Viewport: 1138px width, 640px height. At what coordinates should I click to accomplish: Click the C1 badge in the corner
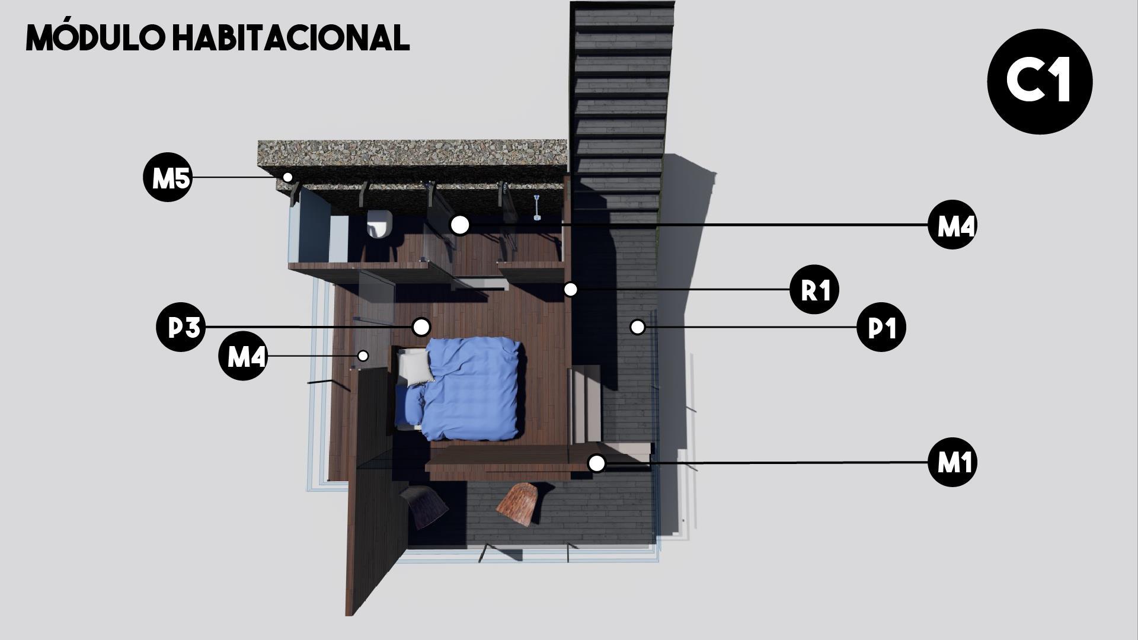coord(1040,81)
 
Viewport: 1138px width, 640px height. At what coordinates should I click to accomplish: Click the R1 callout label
coord(814,290)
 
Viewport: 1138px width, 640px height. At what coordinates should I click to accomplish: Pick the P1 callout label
coord(881,327)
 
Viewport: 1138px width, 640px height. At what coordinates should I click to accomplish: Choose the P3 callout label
coord(181,327)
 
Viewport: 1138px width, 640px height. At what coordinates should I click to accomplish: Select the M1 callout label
coord(952,462)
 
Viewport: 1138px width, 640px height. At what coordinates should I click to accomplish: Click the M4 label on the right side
coord(952,225)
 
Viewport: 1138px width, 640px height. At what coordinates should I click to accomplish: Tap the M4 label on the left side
coord(243,356)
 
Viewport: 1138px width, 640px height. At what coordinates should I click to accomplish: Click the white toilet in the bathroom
coord(379,224)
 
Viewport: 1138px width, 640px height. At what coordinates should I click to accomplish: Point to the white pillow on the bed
coord(415,365)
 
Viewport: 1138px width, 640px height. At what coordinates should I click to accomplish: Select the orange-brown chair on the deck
coord(518,503)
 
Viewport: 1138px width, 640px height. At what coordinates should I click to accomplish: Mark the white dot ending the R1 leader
coord(570,289)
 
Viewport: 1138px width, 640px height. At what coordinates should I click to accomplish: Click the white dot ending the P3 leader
coord(421,327)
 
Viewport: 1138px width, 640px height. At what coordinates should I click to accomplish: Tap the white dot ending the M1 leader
coord(597,463)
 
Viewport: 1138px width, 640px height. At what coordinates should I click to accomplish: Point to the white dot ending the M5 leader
coord(287,177)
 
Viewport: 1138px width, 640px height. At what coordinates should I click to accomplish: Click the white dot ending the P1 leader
coord(637,327)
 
